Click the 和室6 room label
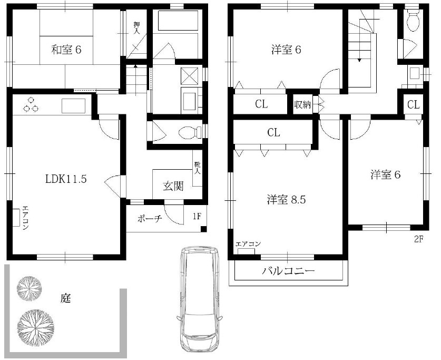(x=66, y=50)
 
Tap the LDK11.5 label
(x=65, y=178)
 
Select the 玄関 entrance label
(x=172, y=186)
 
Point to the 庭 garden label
(x=65, y=299)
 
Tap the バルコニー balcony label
(x=288, y=272)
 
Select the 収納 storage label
(x=302, y=104)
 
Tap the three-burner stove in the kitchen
(x=31, y=105)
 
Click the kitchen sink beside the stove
(x=73, y=106)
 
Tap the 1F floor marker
(x=197, y=216)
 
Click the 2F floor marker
(x=418, y=239)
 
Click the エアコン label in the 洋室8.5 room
(x=248, y=244)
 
